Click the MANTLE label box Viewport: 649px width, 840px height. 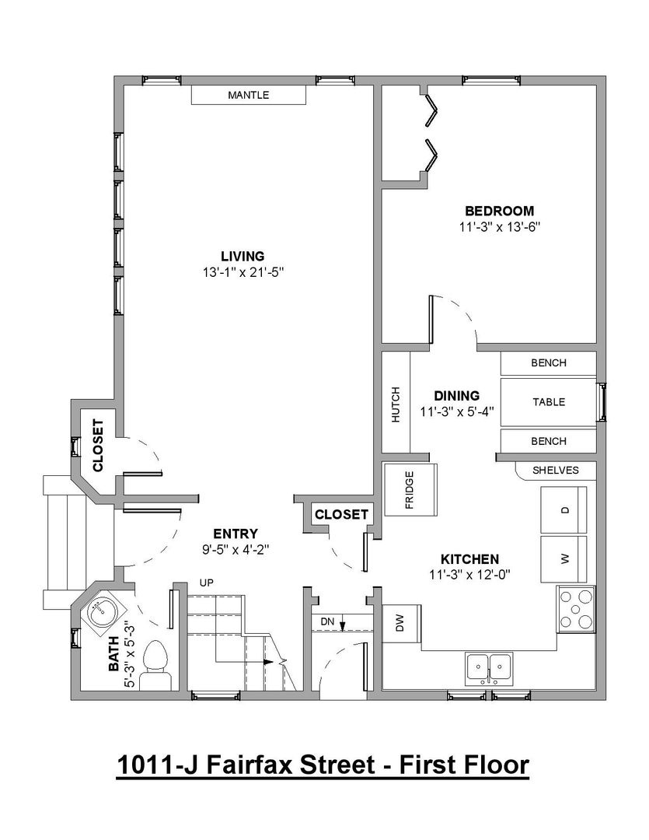pyautogui.click(x=249, y=95)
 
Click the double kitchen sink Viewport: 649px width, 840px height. pyautogui.click(x=489, y=669)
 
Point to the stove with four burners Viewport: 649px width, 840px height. pyautogui.click(x=577, y=608)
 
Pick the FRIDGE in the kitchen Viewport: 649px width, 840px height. pyautogui.click(x=410, y=490)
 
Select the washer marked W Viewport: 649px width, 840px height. pyautogui.click(x=564, y=558)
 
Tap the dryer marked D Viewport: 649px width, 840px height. pyautogui.click(x=564, y=510)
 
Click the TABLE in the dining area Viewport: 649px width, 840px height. pyautogui.click(x=548, y=402)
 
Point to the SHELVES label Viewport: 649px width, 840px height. pyautogui.click(x=555, y=471)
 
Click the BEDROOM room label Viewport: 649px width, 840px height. pyautogui.click(x=499, y=211)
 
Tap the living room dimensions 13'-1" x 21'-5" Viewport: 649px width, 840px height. pyautogui.click(x=243, y=273)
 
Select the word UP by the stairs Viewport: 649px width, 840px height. pyautogui.click(x=206, y=583)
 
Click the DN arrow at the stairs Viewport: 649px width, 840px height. pyautogui.click(x=342, y=624)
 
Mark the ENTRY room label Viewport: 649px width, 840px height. pyautogui.click(x=236, y=534)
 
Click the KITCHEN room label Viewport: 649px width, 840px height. pyautogui.click(x=469, y=559)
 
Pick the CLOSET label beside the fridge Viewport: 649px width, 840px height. pyautogui.click(x=341, y=515)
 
